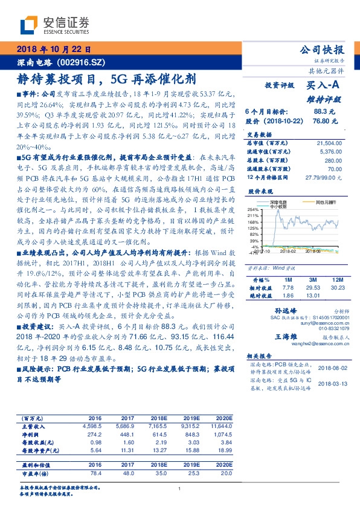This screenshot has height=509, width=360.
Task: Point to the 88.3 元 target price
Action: [320, 112]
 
